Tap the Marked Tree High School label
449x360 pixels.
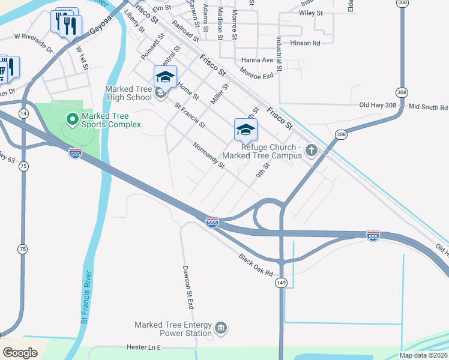pos(128,93)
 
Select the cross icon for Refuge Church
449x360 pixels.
pos(311,151)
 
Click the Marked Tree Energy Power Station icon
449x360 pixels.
pos(221,328)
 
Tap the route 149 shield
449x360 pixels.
pos(280,282)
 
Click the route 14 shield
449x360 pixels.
pos(23,113)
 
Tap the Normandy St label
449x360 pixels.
pos(208,155)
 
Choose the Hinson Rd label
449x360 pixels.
pos(306,43)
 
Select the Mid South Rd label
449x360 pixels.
pos(428,107)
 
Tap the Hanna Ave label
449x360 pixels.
pos(257,60)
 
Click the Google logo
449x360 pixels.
pos(19,353)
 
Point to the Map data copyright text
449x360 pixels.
pos(423,355)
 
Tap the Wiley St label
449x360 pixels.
pos(311,13)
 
